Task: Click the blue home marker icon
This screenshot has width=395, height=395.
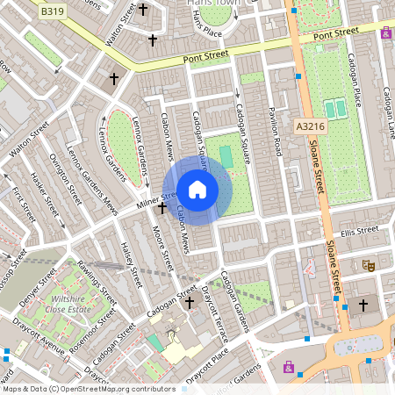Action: click(x=197, y=190)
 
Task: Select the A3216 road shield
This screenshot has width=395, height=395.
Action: click(x=309, y=127)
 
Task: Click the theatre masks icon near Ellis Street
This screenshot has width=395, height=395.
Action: click(x=369, y=265)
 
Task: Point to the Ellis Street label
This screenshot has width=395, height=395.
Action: click(x=359, y=231)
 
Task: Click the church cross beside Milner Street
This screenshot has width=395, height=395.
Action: click(x=162, y=207)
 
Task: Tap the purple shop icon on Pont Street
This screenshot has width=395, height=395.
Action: click(x=387, y=32)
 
